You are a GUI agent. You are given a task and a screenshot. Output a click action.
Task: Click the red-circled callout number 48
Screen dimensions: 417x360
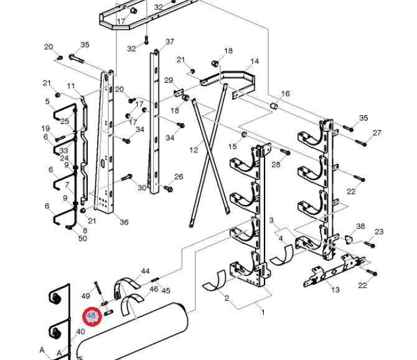coord(91,316)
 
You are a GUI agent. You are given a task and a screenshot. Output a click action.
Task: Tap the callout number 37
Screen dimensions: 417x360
coord(170,42)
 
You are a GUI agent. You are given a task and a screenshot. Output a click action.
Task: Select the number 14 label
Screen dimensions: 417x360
coord(255,61)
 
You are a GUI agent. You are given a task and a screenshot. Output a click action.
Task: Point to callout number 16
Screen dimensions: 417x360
coord(285,93)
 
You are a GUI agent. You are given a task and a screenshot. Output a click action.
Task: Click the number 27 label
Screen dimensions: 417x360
coord(377,133)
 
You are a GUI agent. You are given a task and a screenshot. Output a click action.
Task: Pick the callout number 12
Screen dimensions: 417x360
coord(194,150)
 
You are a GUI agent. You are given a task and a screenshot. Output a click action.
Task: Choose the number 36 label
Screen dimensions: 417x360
coord(124,222)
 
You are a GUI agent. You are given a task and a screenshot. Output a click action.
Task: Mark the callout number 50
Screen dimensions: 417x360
coord(83,238)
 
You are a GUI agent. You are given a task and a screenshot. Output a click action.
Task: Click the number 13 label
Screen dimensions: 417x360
coord(335,289)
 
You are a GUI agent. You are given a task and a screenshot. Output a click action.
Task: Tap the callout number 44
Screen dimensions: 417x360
coord(145,271)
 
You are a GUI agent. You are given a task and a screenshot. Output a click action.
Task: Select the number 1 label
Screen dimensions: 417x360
coord(263,312)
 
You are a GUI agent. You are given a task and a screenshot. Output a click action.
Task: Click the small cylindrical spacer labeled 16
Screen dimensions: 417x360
coord(274,106)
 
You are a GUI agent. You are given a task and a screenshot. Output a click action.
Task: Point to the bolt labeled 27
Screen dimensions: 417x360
coord(361,143)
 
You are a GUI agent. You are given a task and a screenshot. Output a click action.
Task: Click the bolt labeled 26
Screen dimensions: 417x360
coord(169,188)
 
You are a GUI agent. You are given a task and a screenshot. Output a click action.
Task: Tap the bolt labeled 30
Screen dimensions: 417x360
coord(127,177)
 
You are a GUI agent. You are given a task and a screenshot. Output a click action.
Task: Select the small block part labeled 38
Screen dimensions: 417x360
coord(348,239)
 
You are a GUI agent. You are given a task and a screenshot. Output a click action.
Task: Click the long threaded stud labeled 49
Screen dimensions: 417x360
coord(98,288)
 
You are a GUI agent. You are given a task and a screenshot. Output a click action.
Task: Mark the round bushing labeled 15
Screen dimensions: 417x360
coord(243,135)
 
